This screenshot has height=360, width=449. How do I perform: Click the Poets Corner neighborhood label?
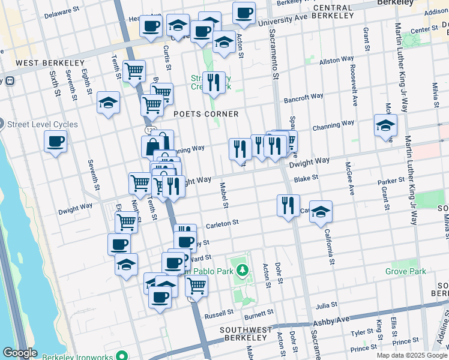pyautogui.click(x=206, y=114)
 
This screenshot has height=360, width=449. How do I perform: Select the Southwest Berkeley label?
pyautogui.click(x=246, y=331)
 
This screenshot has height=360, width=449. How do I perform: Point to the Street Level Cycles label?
pyautogui.click(x=42, y=125)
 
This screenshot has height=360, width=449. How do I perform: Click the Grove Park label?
pyautogui.click(x=405, y=272)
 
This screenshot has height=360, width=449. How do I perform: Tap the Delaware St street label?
pyautogui.click(x=62, y=11)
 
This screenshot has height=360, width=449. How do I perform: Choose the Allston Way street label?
pyautogui.click(x=337, y=61)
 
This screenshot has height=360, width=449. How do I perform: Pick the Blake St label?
pyautogui.click(x=306, y=178)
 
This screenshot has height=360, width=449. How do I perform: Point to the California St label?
pyautogui.click(x=329, y=246)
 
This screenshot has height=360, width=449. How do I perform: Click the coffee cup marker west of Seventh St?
pyautogui.click(x=55, y=142)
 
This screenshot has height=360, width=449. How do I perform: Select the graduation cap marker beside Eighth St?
pyautogui.click(x=108, y=103)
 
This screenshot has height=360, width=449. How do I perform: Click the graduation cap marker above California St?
pyautogui.click(x=321, y=211)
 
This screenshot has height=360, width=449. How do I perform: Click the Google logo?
pyautogui.click(x=20, y=353)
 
